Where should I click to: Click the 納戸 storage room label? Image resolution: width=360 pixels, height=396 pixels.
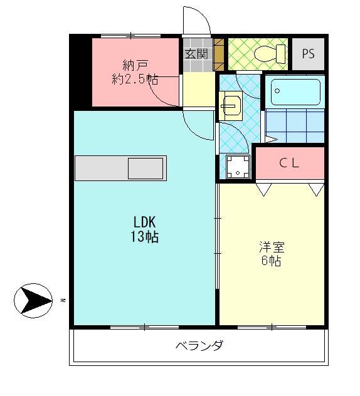135,65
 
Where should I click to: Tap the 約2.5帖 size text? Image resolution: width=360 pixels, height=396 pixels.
135,80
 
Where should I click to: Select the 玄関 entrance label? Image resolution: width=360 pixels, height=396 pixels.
196,54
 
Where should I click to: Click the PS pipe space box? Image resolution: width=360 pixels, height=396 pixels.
308,54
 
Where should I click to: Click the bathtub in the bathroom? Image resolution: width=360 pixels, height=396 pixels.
295,92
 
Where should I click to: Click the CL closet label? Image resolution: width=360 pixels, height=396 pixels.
289,164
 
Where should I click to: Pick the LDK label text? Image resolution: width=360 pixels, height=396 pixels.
144,222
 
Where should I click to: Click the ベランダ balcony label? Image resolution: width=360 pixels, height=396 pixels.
199,345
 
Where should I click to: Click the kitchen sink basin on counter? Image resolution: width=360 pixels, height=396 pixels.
146,168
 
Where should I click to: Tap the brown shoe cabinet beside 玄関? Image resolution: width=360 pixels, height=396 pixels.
219,53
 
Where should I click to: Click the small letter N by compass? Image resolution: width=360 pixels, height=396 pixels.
63,301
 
